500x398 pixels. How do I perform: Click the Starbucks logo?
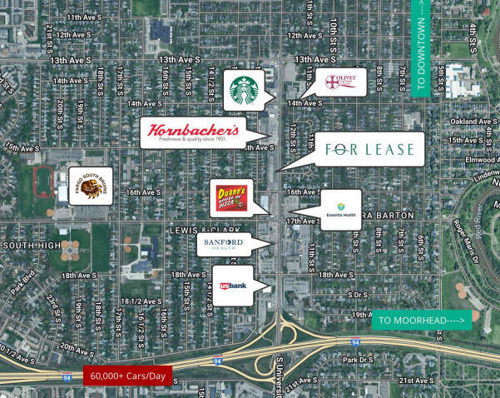(x=244, y=90)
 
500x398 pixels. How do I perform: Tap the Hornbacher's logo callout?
(x=193, y=132)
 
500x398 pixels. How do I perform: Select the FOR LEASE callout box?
(x=370, y=150)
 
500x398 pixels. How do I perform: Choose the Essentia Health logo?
(x=339, y=209)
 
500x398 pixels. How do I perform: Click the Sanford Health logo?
(x=222, y=243)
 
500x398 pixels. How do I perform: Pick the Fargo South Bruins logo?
(x=91, y=186)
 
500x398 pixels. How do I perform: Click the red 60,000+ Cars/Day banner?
(x=127, y=376)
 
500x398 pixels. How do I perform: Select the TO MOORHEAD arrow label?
(x=421, y=320)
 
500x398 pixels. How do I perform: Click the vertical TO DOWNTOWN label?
(x=420, y=48)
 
